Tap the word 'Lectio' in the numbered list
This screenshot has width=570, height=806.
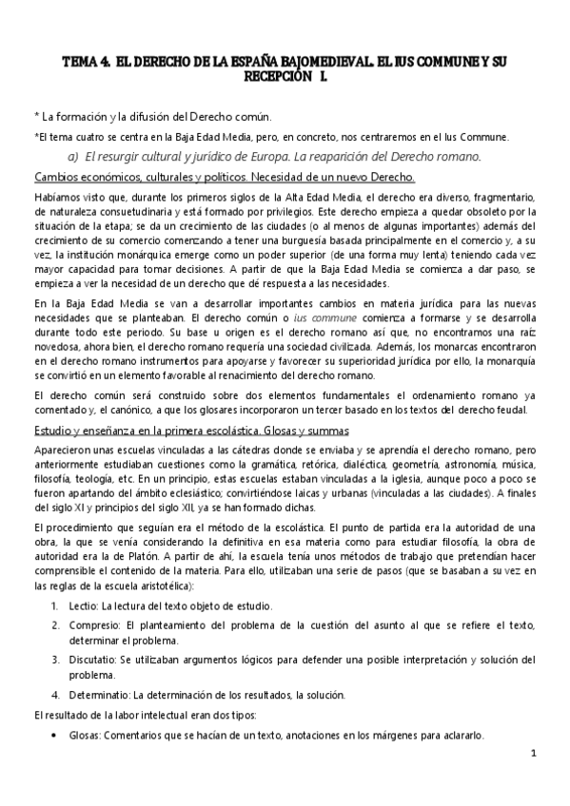coord(83,605)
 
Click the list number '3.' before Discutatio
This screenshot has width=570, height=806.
coord(57,658)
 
